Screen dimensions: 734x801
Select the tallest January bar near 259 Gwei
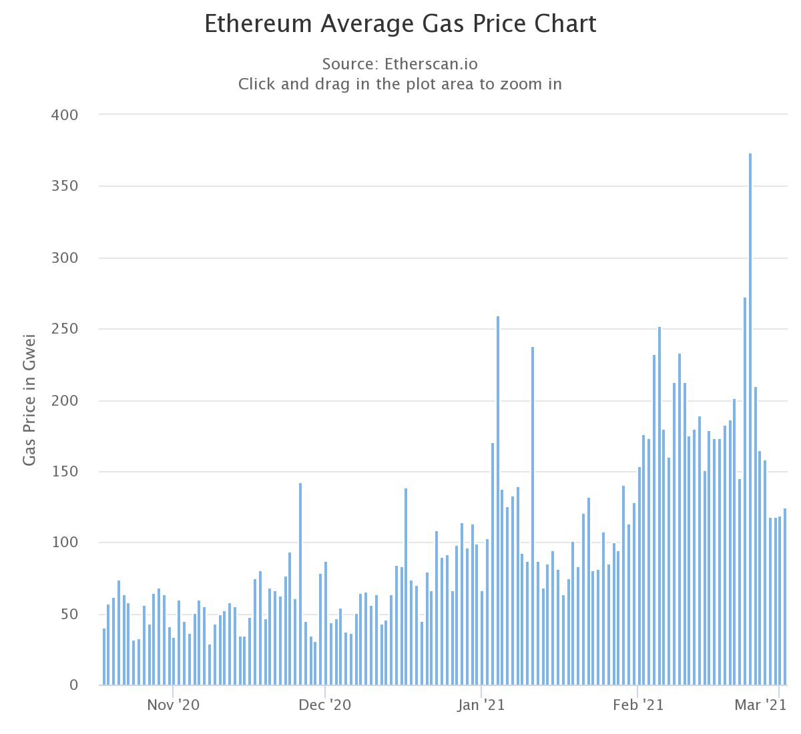tap(498, 500)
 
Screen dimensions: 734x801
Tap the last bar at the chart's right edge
tap(785, 597)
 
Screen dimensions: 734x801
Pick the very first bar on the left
tap(104, 657)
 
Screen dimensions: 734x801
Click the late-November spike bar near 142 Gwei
tap(300, 584)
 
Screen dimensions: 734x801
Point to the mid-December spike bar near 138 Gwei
tap(406, 587)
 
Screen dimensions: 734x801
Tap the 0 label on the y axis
tap(73, 685)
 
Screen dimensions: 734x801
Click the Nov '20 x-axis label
tap(173, 705)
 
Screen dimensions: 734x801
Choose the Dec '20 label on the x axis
tap(324, 705)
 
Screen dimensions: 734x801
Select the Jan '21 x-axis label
tap(481, 705)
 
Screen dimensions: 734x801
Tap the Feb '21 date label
tap(638, 705)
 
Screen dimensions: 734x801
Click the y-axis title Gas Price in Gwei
tap(29, 400)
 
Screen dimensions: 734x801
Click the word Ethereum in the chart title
tap(258, 23)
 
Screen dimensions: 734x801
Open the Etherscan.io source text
tap(431, 64)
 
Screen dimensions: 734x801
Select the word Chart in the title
tap(567, 23)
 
